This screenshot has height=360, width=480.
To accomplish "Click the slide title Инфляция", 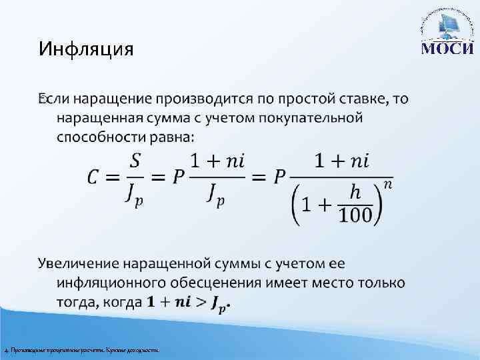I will click(x=86, y=49).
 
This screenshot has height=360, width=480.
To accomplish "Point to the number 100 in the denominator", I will click(x=355, y=215).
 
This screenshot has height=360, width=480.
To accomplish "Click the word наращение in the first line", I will click(x=112, y=100).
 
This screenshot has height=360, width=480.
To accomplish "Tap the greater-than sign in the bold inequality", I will click(x=201, y=303).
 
